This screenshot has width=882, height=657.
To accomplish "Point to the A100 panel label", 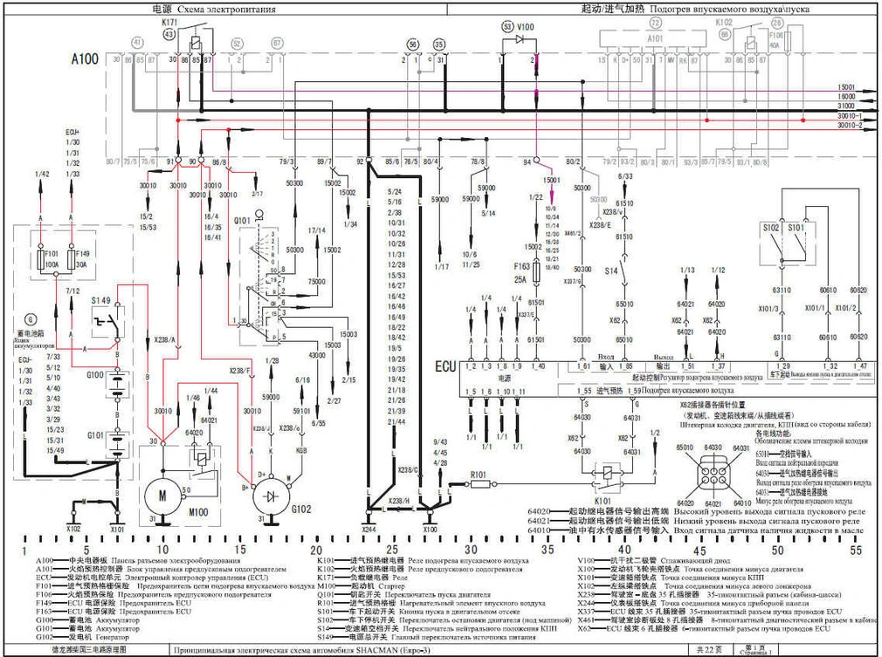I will (86, 62).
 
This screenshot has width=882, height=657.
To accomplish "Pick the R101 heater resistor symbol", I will (479, 482).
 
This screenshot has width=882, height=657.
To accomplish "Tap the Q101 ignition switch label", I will (242, 221).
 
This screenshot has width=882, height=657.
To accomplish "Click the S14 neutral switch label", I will (612, 271).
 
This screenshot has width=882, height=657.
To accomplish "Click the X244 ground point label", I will (369, 529).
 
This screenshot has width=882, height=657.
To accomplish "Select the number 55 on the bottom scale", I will (855, 551).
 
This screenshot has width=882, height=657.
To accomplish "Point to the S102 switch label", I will (771, 228).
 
